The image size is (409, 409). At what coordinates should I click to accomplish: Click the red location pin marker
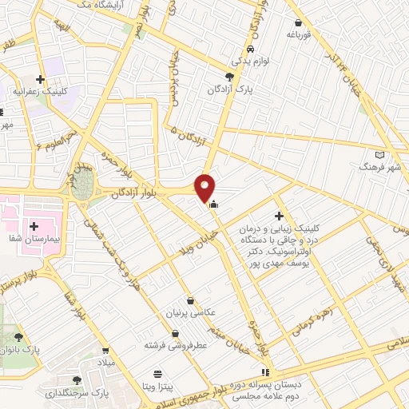pos(204,188)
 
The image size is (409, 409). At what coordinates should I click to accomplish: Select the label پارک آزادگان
pos(232,90)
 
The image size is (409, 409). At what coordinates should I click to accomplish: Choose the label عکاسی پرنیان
pos(190,314)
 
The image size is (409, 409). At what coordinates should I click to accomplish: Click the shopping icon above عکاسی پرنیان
pos(190,300)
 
